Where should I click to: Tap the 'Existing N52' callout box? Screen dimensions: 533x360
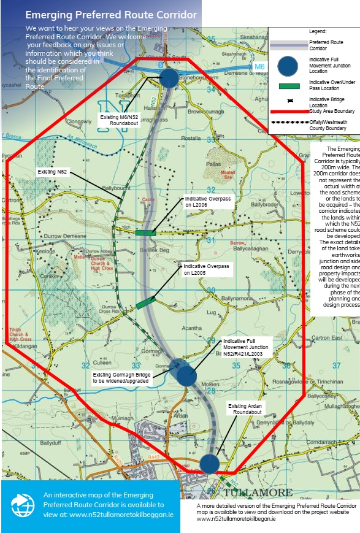[x=52, y=172]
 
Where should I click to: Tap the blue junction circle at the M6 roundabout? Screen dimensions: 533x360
[x=169, y=77]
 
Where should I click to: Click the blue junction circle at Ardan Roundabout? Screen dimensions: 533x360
[x=209, y=463]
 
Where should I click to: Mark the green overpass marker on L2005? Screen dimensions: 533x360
[x=144, y=303]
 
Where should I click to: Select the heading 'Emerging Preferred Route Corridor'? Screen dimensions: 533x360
[x=111, y=15]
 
